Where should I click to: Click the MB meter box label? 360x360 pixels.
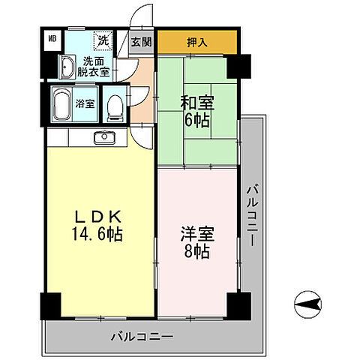coord(52,37)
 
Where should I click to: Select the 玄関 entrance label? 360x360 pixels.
coord(141,43)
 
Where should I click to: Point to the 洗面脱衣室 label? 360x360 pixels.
coord(96,67)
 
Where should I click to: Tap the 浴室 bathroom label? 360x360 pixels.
coord(85,104)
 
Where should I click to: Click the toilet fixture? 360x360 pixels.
coord(113,106)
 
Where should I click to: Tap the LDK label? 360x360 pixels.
coord(90,216)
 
